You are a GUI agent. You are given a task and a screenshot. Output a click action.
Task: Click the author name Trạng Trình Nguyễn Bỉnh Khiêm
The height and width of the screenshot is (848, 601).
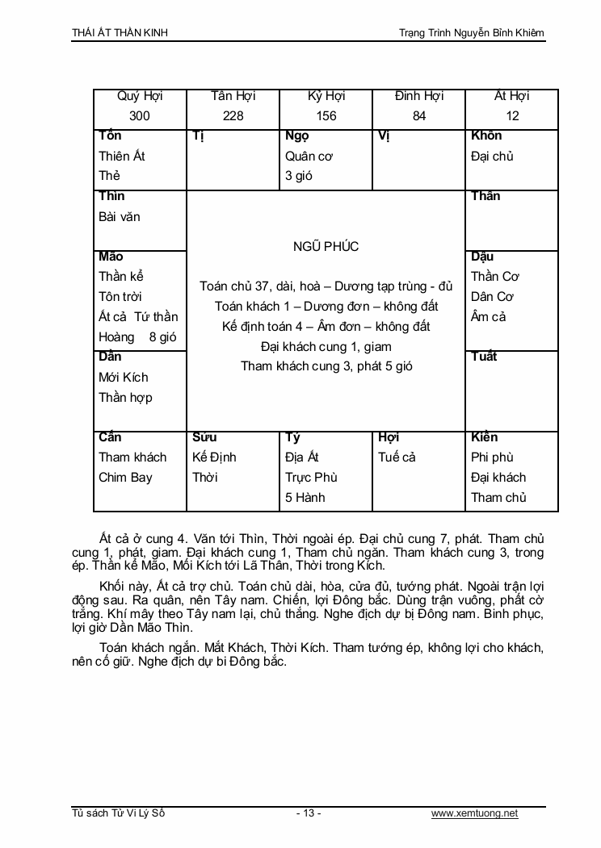coord(472,32)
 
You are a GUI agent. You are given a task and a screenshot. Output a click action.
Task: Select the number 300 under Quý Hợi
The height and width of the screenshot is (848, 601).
coord(140,116)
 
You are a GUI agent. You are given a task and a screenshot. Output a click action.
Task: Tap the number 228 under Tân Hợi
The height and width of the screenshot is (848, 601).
coord(233,116)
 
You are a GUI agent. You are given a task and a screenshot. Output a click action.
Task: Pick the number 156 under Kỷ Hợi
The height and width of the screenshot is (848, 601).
coord(326,116)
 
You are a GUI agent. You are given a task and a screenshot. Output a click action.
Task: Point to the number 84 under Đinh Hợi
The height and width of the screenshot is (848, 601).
coord(419,116)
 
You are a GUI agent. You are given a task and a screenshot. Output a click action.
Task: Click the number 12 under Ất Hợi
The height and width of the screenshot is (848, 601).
coord(512,116)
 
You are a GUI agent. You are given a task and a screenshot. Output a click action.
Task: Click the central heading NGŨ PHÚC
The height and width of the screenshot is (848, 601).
coord(326,246)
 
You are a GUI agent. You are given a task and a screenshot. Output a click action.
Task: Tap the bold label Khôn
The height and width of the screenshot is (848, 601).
coord(486,136)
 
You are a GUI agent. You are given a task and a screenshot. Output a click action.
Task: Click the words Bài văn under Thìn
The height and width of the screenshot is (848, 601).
coord(120,216)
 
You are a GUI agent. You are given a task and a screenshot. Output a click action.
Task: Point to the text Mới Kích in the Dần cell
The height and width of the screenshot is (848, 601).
coord(124,377)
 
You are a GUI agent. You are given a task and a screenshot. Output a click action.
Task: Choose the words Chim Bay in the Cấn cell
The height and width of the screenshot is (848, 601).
coord(125,477)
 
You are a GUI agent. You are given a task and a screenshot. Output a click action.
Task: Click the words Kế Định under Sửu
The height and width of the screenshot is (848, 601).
coord(214,457)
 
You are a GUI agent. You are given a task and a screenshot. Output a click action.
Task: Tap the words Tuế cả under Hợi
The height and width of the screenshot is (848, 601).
coord(397,457)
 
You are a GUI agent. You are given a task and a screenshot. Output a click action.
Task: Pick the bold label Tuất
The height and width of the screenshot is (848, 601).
coord(484,357)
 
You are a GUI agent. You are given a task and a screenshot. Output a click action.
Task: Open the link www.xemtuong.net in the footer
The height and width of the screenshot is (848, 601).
coord(474,813)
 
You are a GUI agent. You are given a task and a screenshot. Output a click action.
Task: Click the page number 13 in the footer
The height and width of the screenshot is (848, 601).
coord(308,813)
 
